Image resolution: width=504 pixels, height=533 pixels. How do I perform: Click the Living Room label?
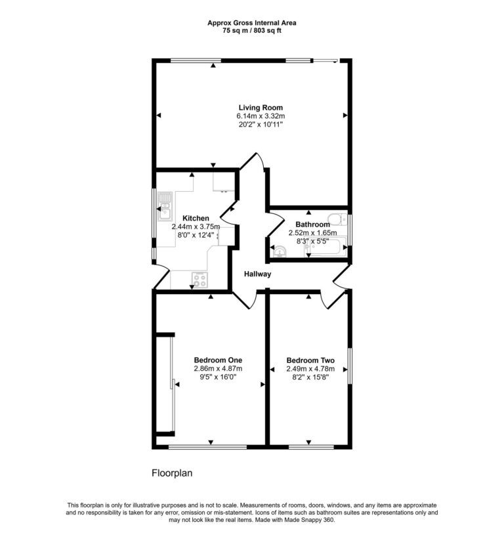pos(261,108)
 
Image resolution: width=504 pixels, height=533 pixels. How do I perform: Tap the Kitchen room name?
pos(196,218)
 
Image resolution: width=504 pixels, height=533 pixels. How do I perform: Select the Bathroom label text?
pos(312,224)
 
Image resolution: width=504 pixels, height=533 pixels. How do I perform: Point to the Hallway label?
pos(258,274)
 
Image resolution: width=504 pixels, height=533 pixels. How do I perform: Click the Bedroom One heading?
pos(218,360)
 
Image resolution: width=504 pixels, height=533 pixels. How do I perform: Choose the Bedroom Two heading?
pos(310,360)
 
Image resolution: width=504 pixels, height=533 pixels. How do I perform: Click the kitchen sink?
pos(165,206)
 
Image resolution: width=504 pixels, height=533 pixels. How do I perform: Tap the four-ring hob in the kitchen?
pos(199,280)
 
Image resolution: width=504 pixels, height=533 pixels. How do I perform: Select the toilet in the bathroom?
pos(337,219)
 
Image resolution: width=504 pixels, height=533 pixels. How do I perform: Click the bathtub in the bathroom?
pos(325,247)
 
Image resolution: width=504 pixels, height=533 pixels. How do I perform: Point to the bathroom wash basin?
pos(280,251)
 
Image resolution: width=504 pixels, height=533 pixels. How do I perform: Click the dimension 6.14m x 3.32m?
pos(261,116)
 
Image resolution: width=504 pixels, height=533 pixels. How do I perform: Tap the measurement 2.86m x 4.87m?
pos(218,368)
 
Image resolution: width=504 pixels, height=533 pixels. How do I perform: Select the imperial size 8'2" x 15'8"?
pos(310,377)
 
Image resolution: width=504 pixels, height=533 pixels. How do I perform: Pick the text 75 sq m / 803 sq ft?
pos(251,31)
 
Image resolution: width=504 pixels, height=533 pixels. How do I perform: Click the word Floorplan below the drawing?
pos(172,473)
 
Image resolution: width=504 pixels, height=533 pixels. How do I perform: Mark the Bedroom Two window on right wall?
pos(350,366)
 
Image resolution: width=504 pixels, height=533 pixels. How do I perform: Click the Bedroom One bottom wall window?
pos(207,447)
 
